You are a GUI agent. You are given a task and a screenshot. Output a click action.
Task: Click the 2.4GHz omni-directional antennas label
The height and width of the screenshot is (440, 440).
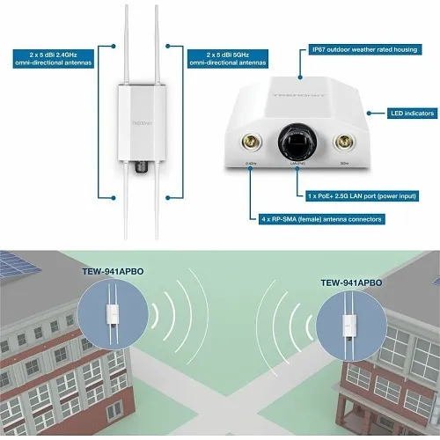click(52, 59)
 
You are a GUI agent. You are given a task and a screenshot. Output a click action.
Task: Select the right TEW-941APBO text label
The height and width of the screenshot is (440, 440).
click(339, 283)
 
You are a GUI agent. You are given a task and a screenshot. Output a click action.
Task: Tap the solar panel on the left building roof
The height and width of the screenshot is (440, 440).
click(12, 265)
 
